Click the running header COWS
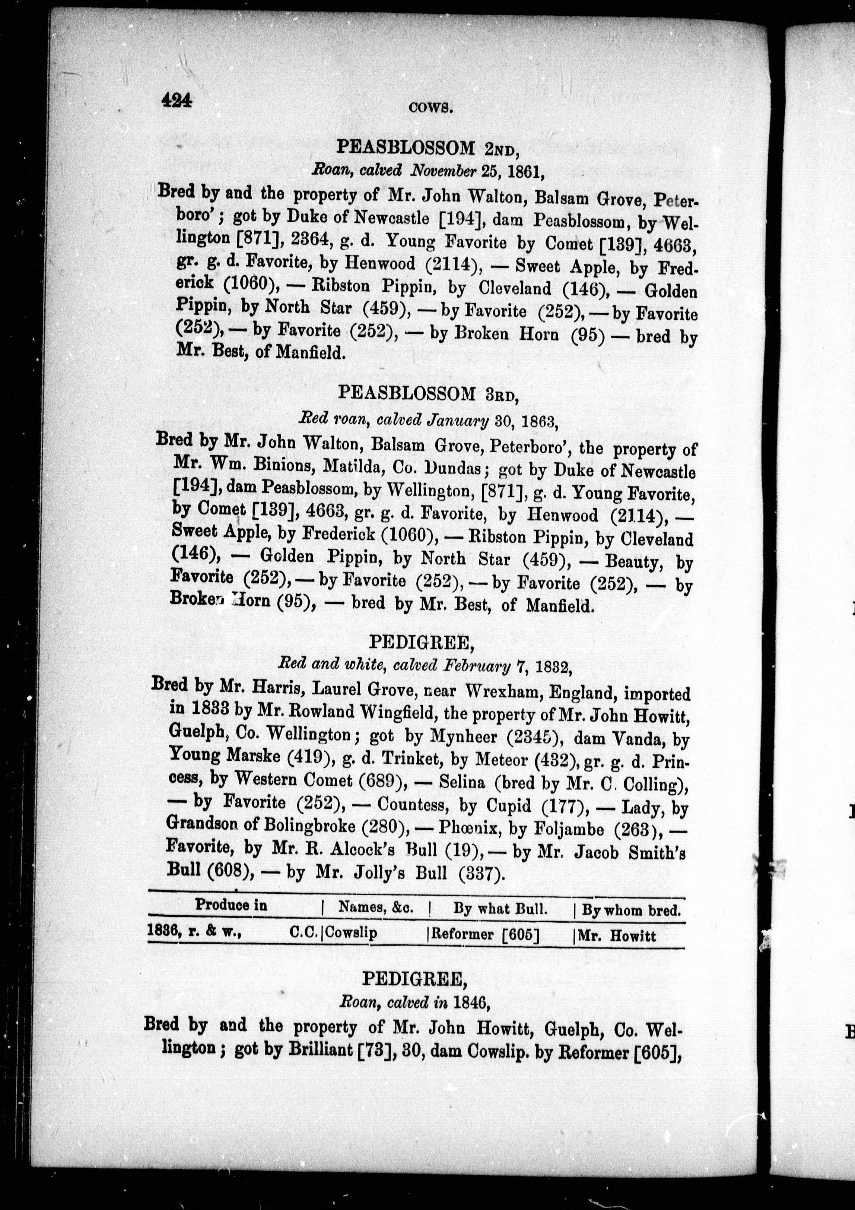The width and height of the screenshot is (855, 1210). [431, 108]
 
